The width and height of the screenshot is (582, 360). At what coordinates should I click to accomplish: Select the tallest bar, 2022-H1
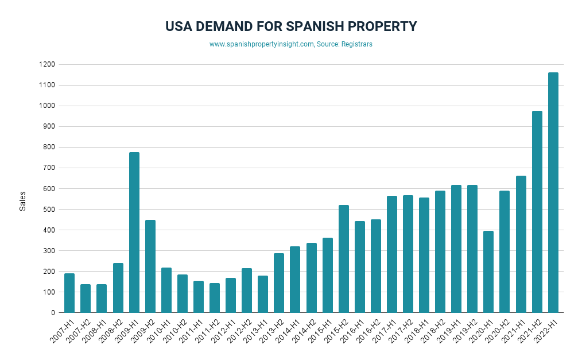click(553, 192)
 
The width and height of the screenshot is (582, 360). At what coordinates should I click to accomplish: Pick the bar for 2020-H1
click(488, 272)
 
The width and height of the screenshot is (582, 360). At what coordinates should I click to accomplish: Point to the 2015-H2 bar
click(343, 259)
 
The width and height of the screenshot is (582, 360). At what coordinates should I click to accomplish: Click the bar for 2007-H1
click(69, 293)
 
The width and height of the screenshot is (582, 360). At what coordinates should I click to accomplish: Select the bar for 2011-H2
click(215, 298)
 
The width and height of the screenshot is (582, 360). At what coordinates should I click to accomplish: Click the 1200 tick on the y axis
click(48, 65)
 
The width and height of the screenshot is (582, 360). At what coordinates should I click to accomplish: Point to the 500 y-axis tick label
click(49, 210)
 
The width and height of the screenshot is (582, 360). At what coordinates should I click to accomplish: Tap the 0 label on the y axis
click(53, 313)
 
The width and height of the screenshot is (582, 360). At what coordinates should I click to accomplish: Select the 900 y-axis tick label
click(49, 127)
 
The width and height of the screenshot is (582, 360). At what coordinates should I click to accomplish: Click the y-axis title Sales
click(23, 202)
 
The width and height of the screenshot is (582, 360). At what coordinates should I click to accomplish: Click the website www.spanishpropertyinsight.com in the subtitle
click(262, 44)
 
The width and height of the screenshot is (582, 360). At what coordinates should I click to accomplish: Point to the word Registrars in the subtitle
click(356, 44)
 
